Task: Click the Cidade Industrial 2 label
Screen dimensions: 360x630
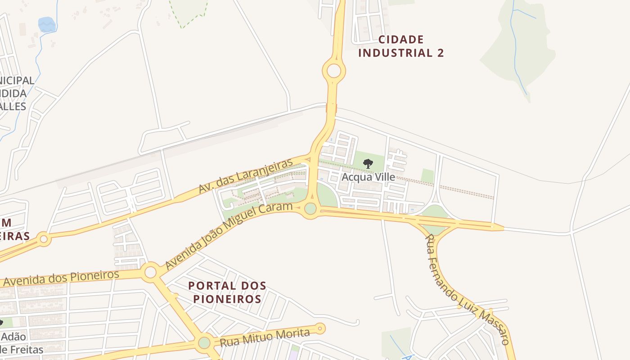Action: point(401,46)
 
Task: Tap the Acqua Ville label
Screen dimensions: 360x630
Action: point(368,177)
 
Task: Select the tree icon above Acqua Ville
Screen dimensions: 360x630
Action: point(368,163)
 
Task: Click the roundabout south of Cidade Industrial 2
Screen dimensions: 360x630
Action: point(334,71)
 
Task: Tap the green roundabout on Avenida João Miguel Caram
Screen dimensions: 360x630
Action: point(310,209)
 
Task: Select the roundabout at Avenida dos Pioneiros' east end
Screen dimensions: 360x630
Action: point(150,272)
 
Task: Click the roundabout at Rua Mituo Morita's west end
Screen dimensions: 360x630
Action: point(204,343)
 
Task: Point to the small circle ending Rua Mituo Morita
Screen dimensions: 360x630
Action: point(320,328)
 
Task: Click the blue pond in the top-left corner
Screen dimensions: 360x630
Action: point(47,24)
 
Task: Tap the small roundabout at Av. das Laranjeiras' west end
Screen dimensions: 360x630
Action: point(44,239)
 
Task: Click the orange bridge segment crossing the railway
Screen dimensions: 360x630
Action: point(331,108)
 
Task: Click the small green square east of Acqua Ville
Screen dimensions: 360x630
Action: point(427,176)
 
